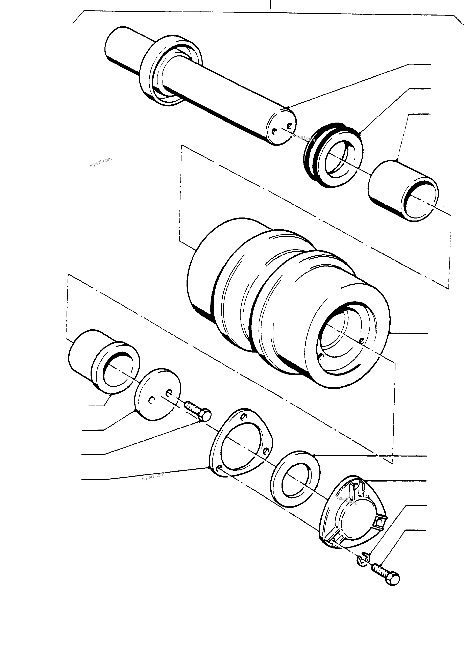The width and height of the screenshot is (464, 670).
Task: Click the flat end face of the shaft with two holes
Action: click(282, 127)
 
